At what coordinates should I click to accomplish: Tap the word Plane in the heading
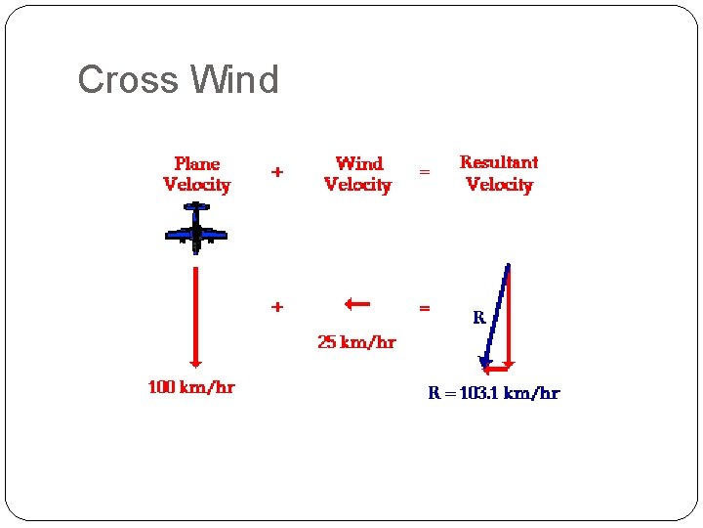pos(197,163)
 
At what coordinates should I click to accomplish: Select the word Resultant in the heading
pos(499,162)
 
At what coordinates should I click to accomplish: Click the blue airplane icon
pos(196,230)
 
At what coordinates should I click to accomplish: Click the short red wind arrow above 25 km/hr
pos(356,304)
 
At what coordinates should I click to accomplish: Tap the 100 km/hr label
pos(191,387)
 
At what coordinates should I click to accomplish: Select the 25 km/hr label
pos(356,342)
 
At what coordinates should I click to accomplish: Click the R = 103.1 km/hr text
pos(494,393)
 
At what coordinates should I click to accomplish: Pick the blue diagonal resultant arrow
pos(496,315)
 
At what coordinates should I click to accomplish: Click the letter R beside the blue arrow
pos(479,318)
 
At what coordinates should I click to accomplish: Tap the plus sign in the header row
pos(277,172)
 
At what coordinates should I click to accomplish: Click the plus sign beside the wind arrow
pos(277,307)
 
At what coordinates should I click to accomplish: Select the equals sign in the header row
pos(424,172)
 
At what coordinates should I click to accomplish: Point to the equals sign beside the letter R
pos(424,308)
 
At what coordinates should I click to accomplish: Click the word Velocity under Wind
pos(357,185)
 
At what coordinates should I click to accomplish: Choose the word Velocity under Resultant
pos(499,185)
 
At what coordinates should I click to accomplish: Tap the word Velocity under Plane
pos(197,185)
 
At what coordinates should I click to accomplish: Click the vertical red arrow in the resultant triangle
pos(510,318)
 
